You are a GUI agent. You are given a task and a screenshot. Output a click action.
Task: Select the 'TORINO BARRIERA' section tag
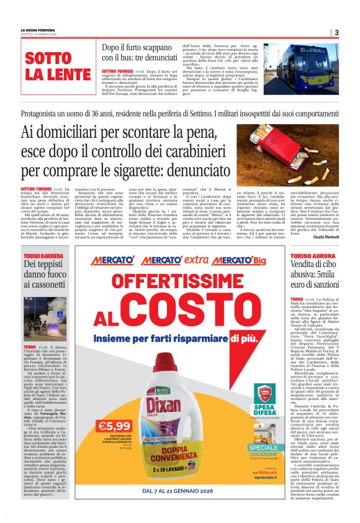[x=43, y=255]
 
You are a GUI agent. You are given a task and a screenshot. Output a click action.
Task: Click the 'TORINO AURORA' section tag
[x=311, y=255]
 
